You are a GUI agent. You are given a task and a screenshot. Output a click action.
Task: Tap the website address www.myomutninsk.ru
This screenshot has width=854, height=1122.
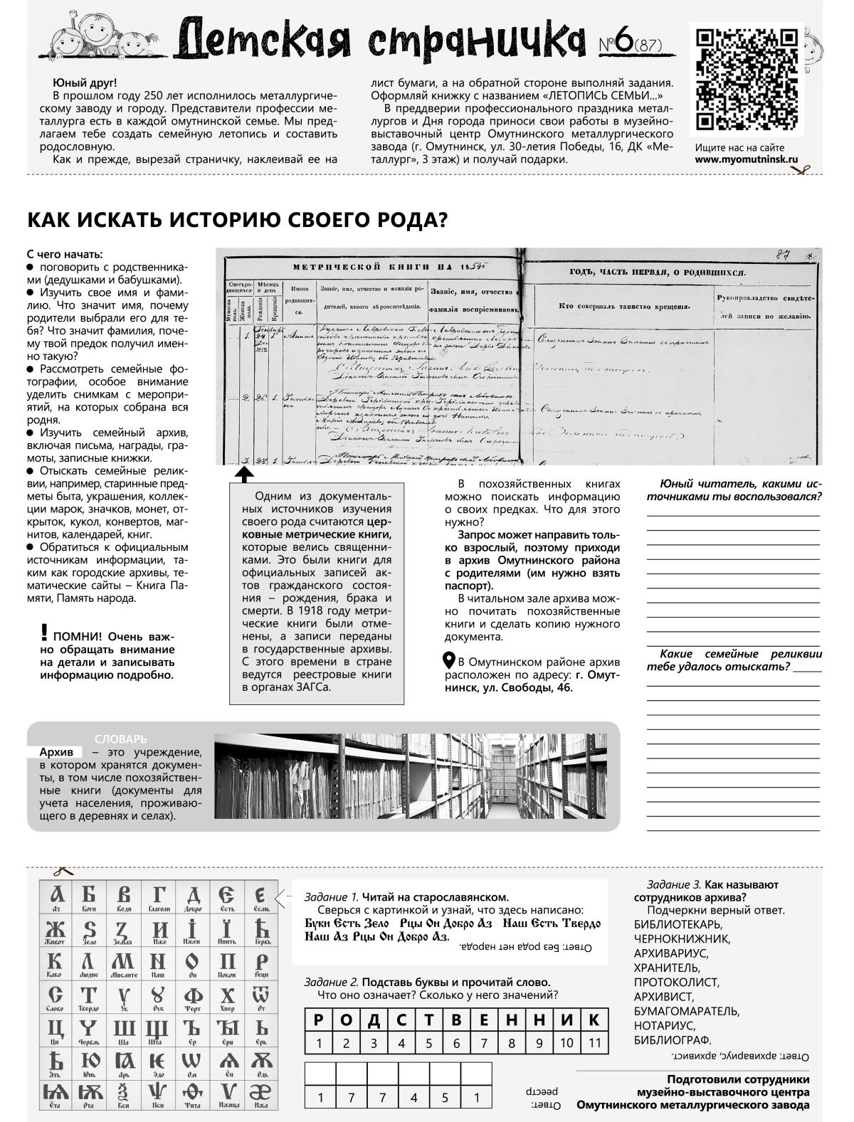click(x=747, y=160)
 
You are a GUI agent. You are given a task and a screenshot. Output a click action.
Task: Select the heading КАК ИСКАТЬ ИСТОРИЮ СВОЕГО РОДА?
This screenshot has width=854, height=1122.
click(x=237, y=220)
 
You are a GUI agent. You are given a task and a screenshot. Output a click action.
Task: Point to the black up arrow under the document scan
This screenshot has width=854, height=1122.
click(x=243, y=474)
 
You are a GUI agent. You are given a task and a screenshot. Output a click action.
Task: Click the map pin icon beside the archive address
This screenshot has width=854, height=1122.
click(x=449, y=660)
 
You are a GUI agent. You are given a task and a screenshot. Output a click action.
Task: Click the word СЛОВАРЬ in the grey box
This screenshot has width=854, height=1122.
click(x=120, y=739)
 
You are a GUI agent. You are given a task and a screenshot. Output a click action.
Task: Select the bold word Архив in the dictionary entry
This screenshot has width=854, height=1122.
click(x=56, y=752)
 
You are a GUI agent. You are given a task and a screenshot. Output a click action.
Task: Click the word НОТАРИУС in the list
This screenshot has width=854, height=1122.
click(x=663, y=1025)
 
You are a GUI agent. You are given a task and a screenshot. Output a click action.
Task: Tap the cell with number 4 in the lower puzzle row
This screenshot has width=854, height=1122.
click(x=413, y=1097)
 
